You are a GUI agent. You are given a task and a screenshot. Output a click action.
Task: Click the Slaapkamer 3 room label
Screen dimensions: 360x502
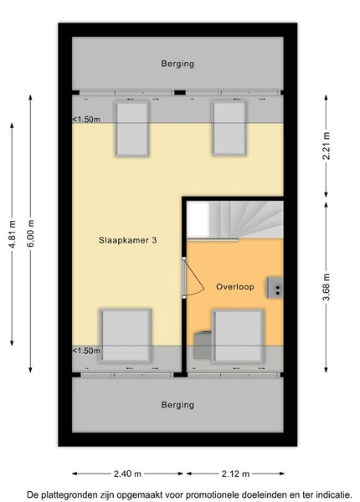pyautogui.click(x=127, y=240)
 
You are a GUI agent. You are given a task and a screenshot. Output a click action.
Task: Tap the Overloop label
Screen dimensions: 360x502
pyautogui.click(x=235, y=286)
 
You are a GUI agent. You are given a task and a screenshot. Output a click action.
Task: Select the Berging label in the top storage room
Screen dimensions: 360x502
pyautogui.click(x=177, y=64)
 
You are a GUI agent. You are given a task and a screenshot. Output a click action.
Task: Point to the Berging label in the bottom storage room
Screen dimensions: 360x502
pyautogui.click(x=177, y=405)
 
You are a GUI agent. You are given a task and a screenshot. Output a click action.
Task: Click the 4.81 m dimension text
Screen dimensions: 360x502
pyautogui.click(x=12, y=234)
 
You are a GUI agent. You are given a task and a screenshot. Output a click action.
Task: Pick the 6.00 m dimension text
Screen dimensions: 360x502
pyautogui.click(x=30, y=233)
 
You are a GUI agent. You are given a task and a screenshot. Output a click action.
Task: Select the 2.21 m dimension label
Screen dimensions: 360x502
pyautogui.click(x=326, y=146)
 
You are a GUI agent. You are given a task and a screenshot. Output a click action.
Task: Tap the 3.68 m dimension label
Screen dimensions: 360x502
pyautogui.click(x=326, y=287)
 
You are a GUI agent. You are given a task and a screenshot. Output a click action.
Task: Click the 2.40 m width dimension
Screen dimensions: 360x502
pyautogui.click(x=127, y=474)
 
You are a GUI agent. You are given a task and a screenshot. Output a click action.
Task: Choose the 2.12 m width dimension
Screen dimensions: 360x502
pyautogui.click(x=235, y=474)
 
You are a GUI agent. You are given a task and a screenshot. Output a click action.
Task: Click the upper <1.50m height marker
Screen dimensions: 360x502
pyautogui.click(x=86, y=120)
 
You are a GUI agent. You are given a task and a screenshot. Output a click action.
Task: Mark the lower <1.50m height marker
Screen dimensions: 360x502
pyautogui.click(x=86, y=351)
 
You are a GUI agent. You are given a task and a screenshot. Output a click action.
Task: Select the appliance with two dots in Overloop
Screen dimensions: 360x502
pyautogui.click(x=275, y=288)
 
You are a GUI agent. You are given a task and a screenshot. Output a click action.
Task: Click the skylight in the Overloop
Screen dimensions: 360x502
pyautogui.click(x=238, y=336)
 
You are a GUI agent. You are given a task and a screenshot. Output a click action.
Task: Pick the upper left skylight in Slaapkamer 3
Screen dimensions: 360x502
pyautogui.click(x=132, y=129)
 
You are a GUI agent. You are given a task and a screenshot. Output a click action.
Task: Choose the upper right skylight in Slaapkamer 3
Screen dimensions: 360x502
pyautogui.click(x=229, y=128)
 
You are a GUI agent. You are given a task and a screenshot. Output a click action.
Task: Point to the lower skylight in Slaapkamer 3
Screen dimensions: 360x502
pyautogui.click(x=126, y=336)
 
